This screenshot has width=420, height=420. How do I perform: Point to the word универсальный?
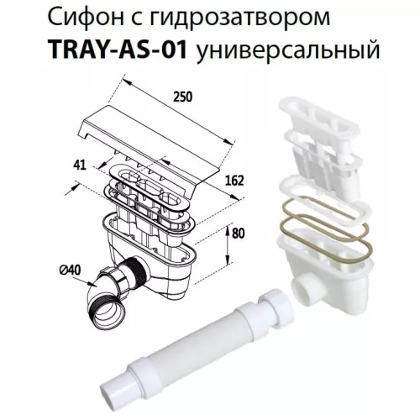coord(286,53)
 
